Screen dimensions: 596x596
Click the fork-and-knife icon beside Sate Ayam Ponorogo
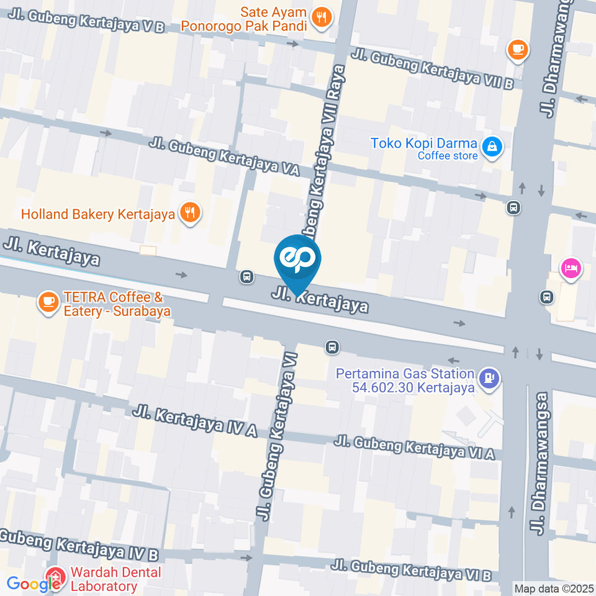coord(322,18)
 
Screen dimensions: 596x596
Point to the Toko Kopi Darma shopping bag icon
coord(492,148)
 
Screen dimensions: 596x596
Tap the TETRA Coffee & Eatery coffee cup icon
coord(49,303)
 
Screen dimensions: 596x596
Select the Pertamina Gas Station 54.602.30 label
coord(405,381)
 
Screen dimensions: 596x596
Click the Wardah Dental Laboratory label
coord(115,579)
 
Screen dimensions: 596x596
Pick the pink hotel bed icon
coord(570,268)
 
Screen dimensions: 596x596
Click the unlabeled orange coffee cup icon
coord(517,48)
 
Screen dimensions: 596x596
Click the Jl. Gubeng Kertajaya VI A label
coord(414,448)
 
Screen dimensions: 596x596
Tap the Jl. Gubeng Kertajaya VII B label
coord(433,69)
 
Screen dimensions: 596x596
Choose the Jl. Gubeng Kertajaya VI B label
coord(411,569)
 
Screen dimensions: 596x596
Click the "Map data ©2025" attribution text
coord(554,588)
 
